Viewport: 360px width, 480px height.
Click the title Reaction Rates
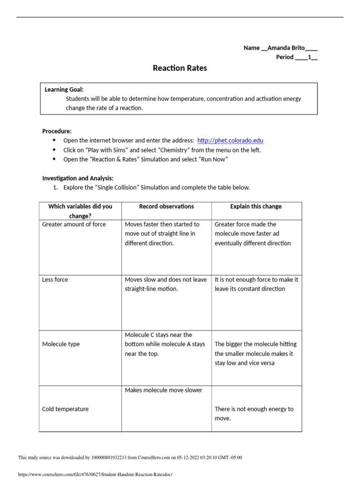pyautogui.click(x=180, y=68)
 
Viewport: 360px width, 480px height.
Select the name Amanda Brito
pyautogui.click(x=286, y=48)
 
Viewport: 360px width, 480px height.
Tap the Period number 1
pyautogui.click(x=309, y=57)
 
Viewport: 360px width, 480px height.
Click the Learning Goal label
pyautogui.click(x=64, y=90)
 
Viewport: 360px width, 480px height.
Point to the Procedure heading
pyautogui.click(x=57, y=131)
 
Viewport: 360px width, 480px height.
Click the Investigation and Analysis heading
pyautogui.click(x=78, y=178)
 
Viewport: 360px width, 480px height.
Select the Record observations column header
pyautogui.click(x=166, y=206)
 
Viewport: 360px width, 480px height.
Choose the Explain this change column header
pyautogui.click(x=256, y=206)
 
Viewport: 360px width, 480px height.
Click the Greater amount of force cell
pyautogui.click(x=74, y=225)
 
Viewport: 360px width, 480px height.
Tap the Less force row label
pyautogui.click(x=55, y=280)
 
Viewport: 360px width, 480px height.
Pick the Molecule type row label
pyautogui.click(x=61, y=344)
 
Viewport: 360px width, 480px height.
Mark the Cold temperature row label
pyautogui.click(x=65, y=409)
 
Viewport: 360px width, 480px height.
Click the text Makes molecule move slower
pyautogui.click(x=164, y=390)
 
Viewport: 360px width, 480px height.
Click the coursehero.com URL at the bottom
pyautogui.click(x=95, y=474)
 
